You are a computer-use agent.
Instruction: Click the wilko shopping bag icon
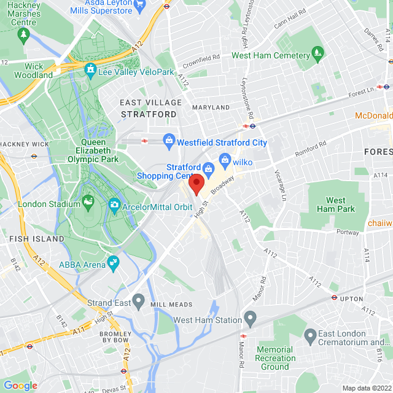click(225, 162)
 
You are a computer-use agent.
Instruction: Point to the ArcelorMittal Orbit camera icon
click(114, 206)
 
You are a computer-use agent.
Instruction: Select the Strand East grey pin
click(139, 302)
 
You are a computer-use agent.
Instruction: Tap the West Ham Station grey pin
click(250, 319)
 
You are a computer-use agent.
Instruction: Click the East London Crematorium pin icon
click(310, 335)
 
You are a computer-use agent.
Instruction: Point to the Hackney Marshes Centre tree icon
click(23, 35)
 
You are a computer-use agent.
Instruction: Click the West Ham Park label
click(336, 204)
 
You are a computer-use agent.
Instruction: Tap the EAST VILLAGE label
click(151, 103)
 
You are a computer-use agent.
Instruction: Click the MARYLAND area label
click(211, 107)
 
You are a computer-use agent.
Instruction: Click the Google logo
click(20, 386)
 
